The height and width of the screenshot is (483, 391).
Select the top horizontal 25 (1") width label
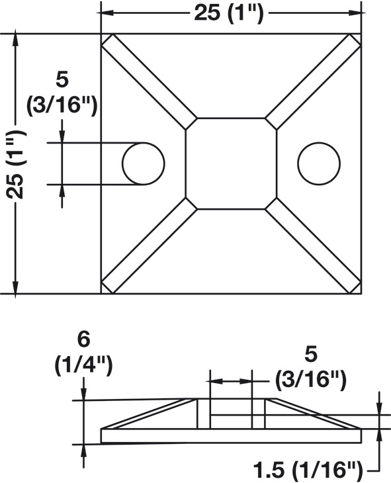tap(229, 13)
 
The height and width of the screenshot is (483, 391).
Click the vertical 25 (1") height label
tap(16, 165)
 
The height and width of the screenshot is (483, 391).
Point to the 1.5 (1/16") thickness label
tap(308, 470)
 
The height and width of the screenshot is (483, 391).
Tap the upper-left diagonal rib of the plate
tap(149, 81)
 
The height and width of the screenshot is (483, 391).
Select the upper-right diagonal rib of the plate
tap(313, 81)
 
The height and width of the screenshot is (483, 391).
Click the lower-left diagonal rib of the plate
tap(149, 246)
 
